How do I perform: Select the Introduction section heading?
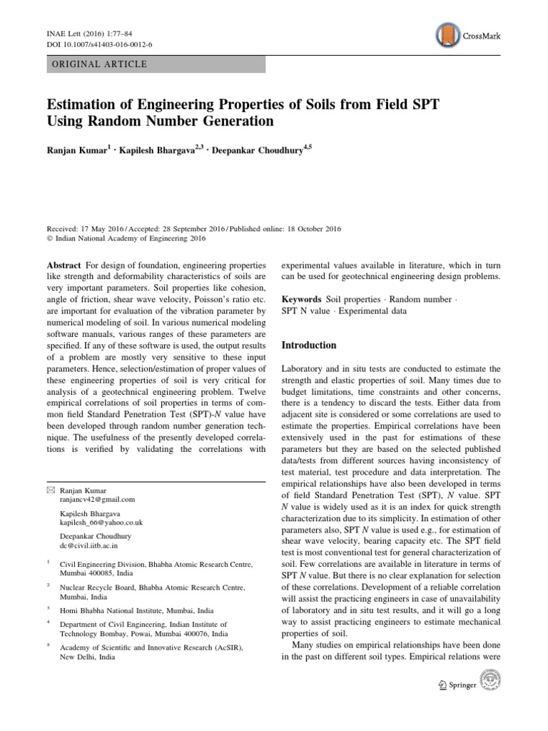[309, 345]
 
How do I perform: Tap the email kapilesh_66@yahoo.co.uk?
[101, 523]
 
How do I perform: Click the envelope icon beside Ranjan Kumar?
[49, 490]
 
